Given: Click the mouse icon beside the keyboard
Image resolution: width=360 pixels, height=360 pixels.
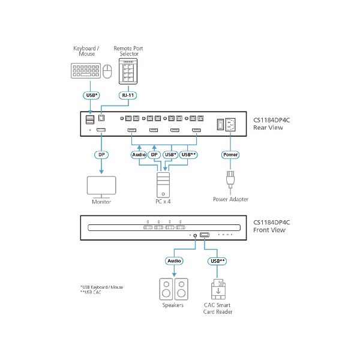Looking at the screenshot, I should click(x=107, y=72).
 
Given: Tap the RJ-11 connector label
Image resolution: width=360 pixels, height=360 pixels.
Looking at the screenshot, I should click(x=127, y=94).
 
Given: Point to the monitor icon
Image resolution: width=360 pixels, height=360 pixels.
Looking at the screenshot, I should click(x=103, y=187).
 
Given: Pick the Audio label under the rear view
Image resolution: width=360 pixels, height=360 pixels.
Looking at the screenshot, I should click(x=139, y=154).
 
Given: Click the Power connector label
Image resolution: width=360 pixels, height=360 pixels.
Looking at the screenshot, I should click(x=230, y=154).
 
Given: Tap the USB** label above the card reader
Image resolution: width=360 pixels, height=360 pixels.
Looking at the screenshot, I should click(x=217, y=261).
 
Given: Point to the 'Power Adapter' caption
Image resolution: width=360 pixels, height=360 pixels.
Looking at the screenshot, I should click(x=230, y=199).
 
